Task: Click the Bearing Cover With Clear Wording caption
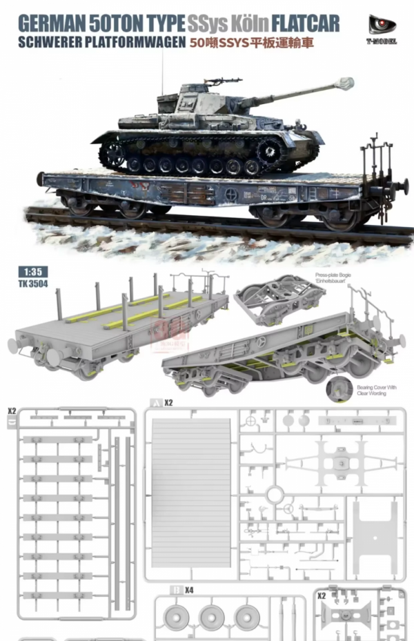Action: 376,391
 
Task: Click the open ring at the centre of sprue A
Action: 274,494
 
